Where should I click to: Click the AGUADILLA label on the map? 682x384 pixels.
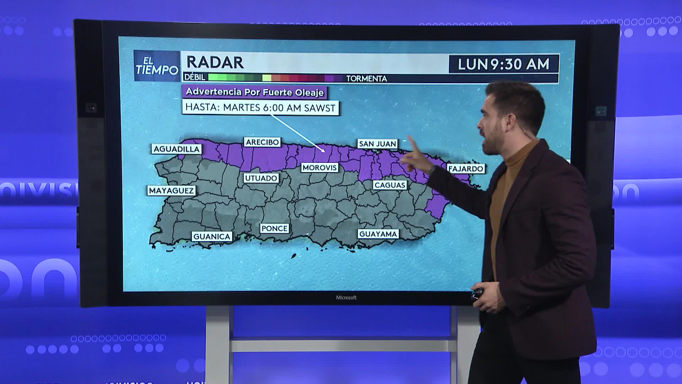click(176, 149)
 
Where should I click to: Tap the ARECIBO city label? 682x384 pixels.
click(262, 142)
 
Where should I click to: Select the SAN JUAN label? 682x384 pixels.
click(377, 144)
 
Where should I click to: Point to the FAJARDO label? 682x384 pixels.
click(466, 169)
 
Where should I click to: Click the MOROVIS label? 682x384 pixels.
click(319, 167)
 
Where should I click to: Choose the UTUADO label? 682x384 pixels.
click(261, 178)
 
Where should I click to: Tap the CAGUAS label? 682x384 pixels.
click(390, 185)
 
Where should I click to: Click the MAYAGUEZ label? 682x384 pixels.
click(171, 191)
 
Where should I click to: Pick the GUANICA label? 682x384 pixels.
click(212, 236)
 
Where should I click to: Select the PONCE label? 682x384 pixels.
click(274, 228)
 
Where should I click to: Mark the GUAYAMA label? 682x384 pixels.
click(378, 234)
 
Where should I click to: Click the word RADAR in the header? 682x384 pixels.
click(215, 63)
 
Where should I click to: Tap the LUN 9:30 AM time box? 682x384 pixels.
click(503, 64)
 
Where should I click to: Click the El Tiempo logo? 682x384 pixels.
click(157, 66)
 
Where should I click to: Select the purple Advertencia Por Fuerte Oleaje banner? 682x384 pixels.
click(254, 92)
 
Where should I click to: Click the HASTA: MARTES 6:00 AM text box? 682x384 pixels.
click(260, 108)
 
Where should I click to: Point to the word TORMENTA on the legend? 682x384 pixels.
click(366, 79)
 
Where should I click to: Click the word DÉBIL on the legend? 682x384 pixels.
click(195, 77)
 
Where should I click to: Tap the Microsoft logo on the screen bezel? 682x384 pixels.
click(346, 298)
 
